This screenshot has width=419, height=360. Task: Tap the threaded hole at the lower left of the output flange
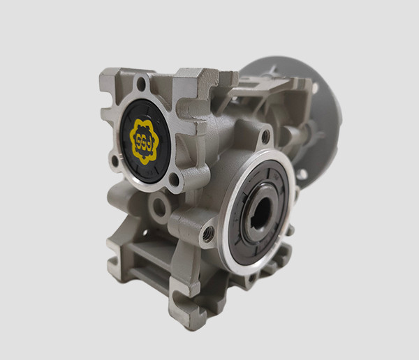(x=207, y=235)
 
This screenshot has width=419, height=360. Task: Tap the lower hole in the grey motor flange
(x=302, y=174)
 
